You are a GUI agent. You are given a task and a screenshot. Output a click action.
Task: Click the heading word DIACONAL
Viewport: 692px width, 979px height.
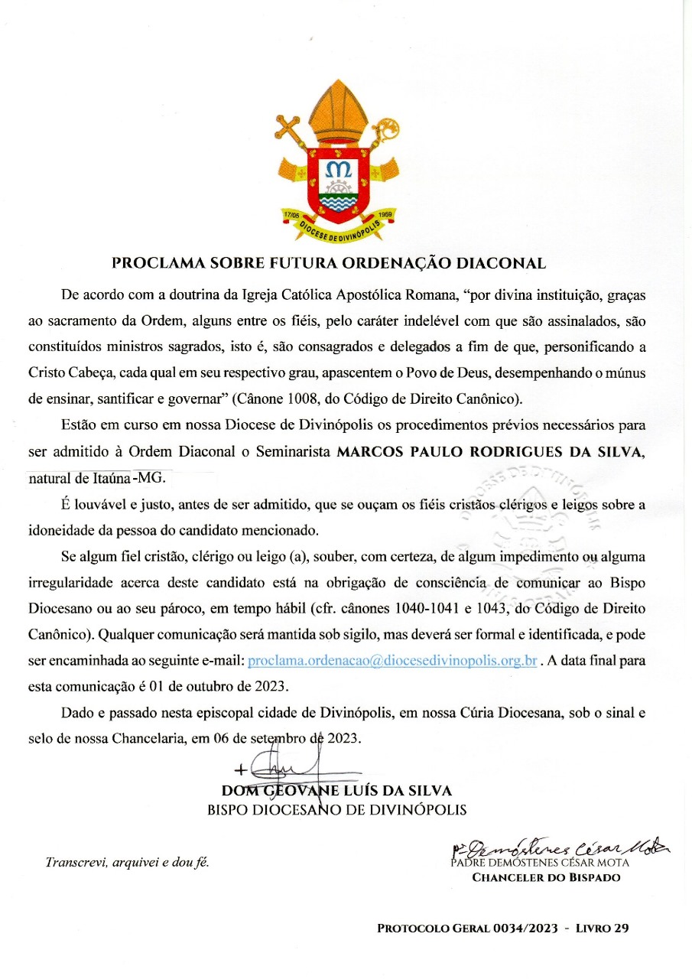500,264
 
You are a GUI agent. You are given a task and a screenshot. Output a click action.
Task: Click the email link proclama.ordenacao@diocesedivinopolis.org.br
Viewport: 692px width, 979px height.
392,660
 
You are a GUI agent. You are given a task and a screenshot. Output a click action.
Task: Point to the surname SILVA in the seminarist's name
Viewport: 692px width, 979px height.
619,451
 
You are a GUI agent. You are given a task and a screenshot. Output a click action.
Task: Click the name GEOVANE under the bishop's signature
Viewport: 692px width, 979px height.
301,791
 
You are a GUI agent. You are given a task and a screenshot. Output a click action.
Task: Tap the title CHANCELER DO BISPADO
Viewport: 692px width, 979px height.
546,877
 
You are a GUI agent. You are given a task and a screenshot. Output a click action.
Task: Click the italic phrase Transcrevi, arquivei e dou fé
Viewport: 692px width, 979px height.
128,862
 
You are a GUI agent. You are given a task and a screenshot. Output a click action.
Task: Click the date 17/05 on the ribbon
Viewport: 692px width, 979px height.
291,215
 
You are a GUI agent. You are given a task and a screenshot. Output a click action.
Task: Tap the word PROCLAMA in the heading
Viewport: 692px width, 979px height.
154,264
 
